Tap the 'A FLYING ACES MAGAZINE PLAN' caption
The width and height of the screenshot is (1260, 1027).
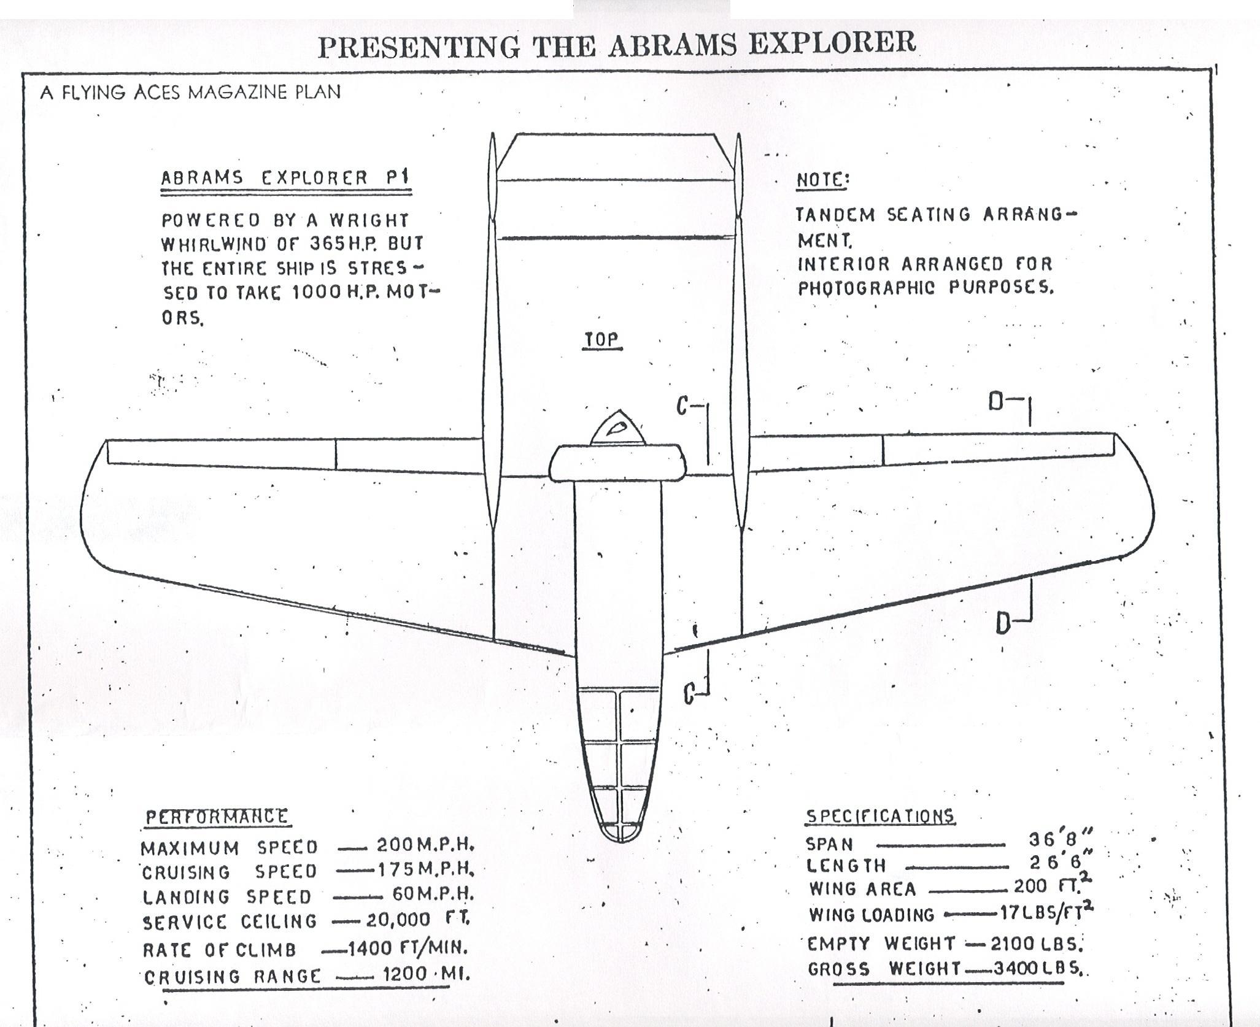click(190, 93)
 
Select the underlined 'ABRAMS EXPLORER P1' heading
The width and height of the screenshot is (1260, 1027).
click(285, 178)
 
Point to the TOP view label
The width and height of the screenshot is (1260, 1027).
click(601, 340)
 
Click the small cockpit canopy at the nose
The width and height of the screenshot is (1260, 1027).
click(618, 429)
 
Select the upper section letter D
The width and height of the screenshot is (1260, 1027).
click(996, 402)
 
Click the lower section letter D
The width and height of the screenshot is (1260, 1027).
click(1003, 623)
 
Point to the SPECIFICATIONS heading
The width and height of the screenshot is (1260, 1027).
click(880, 816)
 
